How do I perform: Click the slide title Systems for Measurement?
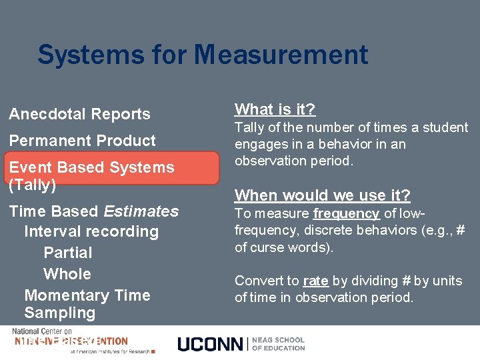click(x=203, y=55)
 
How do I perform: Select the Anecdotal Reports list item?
click(x=79, y=115)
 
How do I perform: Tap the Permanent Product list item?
click(x=82, y=141)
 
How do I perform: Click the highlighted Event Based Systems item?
click(x=91, y=167)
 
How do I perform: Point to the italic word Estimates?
click(x=142, y=212)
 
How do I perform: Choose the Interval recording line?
click(x=91, y=232)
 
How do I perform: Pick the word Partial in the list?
click(x=67, y=253)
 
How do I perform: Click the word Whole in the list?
click(x=67, y=274)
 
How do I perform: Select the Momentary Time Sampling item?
click(x=87, y=303)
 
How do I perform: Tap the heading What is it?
click(x=275, y=109)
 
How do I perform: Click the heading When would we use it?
click(x=323, y=195)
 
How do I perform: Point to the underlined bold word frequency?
click(x=346, y=213)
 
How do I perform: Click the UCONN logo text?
click(x=210, y=344)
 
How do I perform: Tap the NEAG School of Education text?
click(x=278, y=344)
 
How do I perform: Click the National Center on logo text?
click(x=45, y=332)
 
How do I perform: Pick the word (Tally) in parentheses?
click(x=32, y=185)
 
